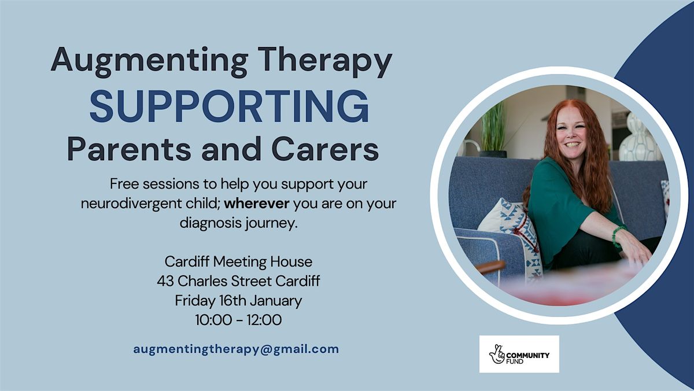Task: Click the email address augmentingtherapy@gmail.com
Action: tap(236, 349)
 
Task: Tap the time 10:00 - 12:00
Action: tap(238, 319)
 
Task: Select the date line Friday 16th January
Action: tap(238, 300)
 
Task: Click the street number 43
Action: tap(165, 281)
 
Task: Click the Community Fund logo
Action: tap(519, 354)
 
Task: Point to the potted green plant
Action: tap(493, 130)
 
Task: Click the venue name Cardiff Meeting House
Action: tap(238, 262)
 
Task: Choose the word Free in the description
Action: tap(121, 185)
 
